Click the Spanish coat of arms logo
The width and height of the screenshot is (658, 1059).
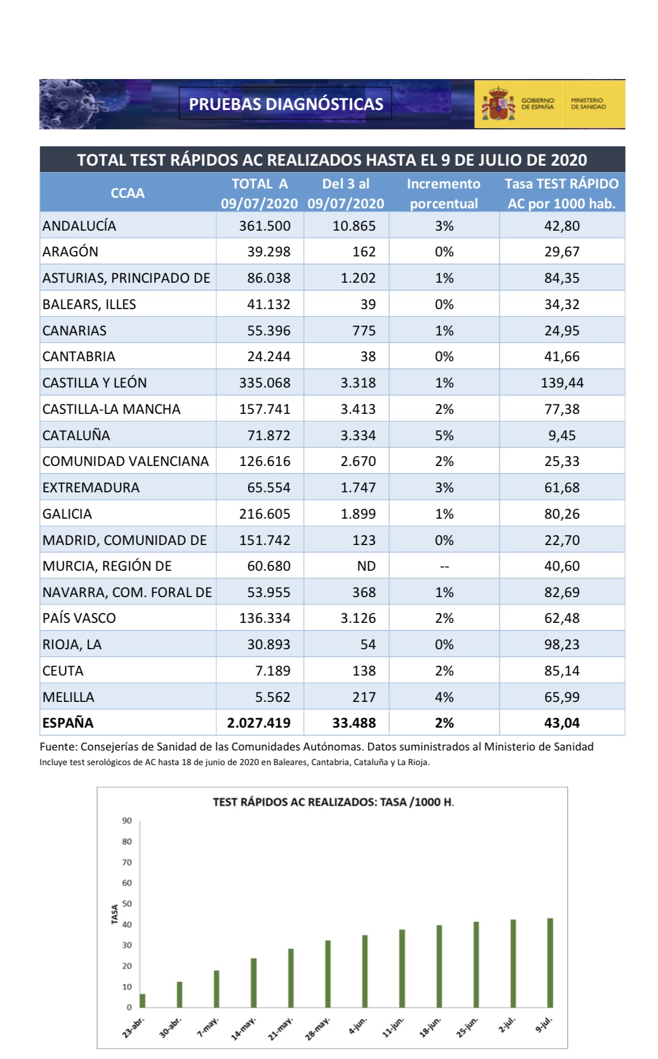pos(498,104)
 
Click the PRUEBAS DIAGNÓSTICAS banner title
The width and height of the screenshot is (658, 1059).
pos(285,104)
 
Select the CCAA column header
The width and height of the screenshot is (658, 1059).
pos(128,193)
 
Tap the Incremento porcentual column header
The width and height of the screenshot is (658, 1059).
pos(443,193)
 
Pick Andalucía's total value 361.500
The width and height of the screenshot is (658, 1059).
pos(264,226)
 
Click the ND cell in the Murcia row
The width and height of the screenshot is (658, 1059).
pos(366,566)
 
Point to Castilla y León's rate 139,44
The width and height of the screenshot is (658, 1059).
pos(561,383)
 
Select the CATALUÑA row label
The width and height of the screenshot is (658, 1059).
pos(76,436)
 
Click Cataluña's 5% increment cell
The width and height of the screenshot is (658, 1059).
pos(444,436)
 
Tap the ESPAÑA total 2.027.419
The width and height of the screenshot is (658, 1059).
pos(259,723)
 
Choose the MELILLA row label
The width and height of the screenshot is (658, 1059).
pos(68,697)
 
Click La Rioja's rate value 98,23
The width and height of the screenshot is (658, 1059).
pos(561,645)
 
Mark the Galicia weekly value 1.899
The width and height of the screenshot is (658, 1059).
pos(358,514)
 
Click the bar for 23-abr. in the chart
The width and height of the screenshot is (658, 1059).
pos(143,1000)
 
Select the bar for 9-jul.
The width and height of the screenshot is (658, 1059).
pos(550,963)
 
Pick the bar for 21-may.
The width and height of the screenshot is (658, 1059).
pos(291,978)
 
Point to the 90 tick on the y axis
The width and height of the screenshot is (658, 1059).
pos(127,821)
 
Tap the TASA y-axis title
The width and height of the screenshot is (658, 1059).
pos(115,914)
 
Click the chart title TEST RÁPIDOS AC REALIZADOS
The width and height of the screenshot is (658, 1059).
pos(332,802)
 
